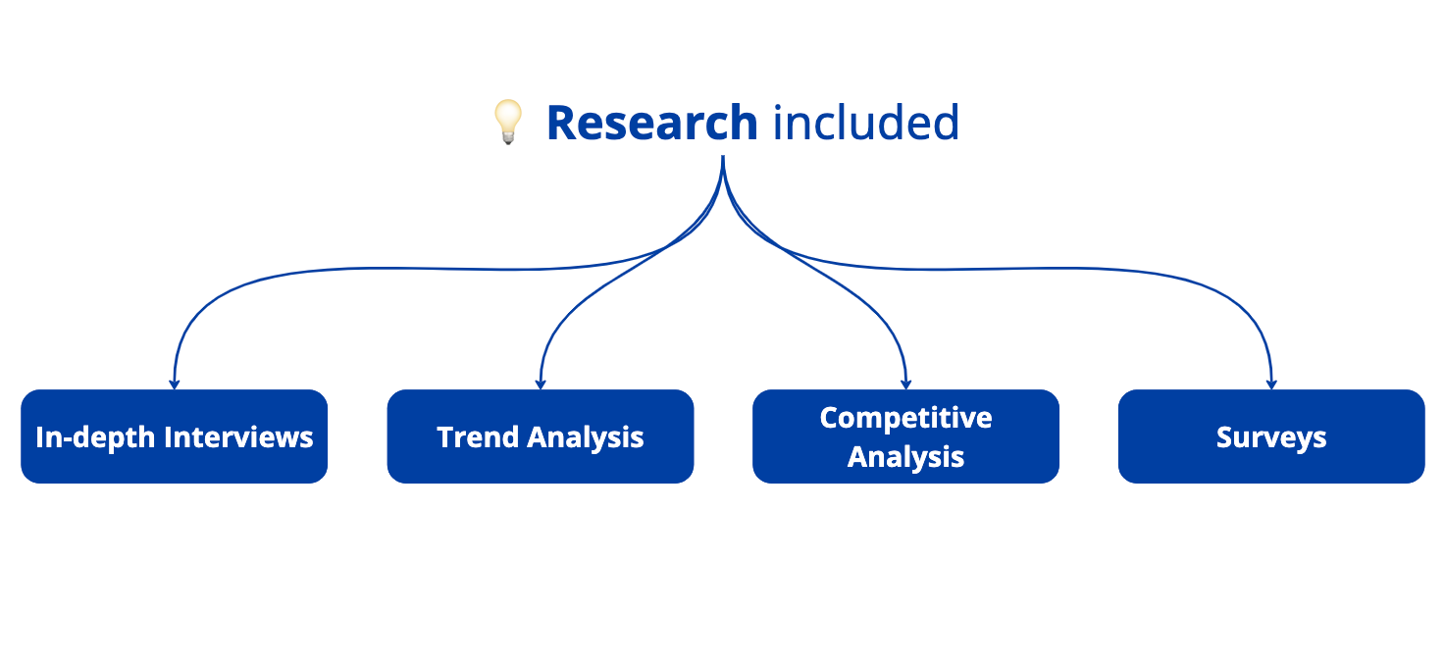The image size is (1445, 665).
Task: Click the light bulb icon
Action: tap(507, 123)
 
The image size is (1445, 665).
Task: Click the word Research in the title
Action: tap(651, 123)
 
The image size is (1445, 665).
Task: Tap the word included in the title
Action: tap(865, 123)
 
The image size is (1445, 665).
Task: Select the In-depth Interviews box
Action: tap(174, 436)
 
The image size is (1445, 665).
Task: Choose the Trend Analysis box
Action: tap(541, 436)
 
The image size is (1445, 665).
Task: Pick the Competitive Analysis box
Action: tap(905, 436)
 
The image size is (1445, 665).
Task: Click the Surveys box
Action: tap(1271, 436)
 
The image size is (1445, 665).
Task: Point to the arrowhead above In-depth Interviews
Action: tap(174, 384)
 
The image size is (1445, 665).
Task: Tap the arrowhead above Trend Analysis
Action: tap(541, 384)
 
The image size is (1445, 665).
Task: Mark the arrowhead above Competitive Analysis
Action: tap(905, 384)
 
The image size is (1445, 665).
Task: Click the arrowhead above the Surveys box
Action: tap(1271, 384)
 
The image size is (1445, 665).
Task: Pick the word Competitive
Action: tap(905, 418)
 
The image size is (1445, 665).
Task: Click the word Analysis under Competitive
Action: tap(905, 457)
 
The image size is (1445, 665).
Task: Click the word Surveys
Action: tap(1271, 437)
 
